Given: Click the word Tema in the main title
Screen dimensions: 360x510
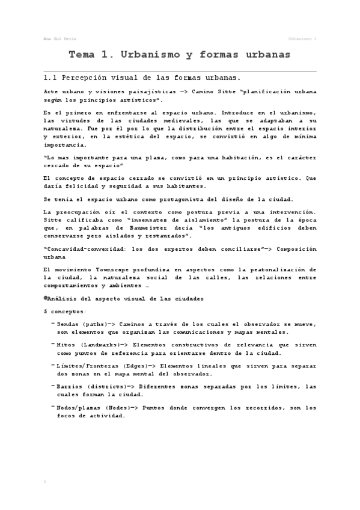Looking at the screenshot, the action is (82, 55).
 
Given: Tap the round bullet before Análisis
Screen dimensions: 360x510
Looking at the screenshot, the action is (46, 298).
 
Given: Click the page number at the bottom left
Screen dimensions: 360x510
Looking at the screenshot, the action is (46, 482).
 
